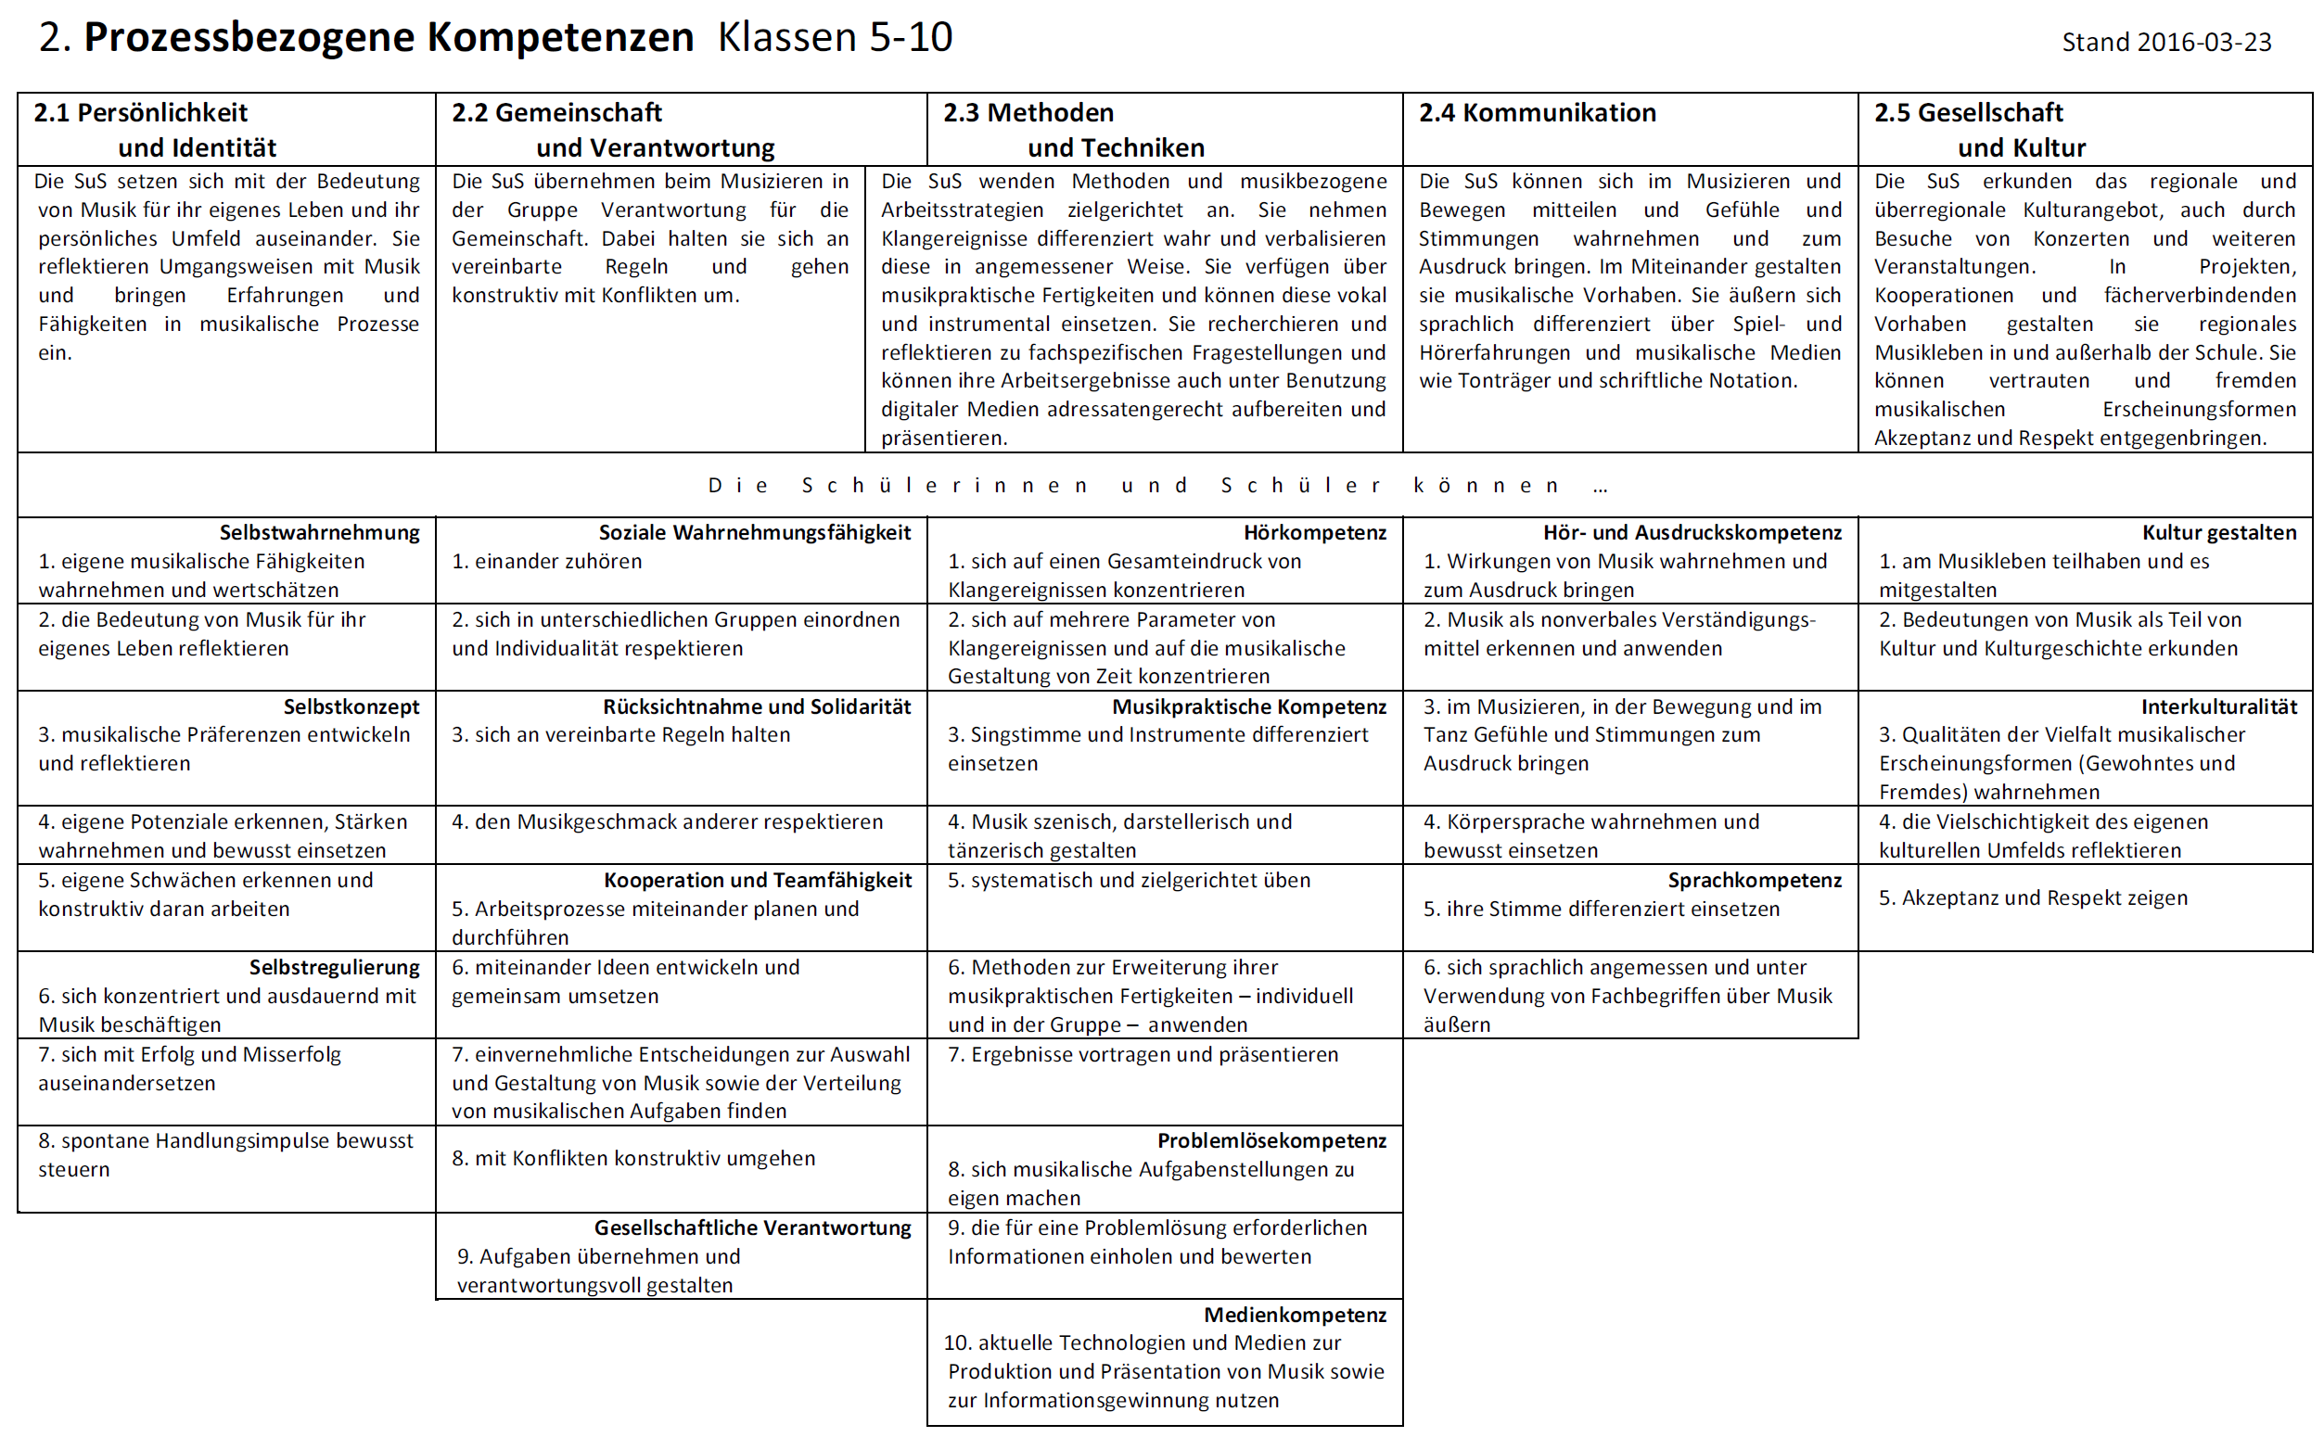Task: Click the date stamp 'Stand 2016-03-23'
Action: (2165, 43)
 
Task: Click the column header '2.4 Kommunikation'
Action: (1537, 113)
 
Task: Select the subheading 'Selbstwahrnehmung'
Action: (319, 532)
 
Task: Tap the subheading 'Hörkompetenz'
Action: (1314, 532)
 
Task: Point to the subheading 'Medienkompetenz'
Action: (1295, 1315)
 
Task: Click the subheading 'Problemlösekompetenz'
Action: (1271, 1140)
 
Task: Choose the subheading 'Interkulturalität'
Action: (2218, 706)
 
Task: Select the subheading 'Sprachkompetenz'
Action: (1755, 881)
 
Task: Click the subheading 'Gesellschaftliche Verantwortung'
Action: (752, 1227)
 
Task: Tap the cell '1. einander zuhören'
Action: (547, 561)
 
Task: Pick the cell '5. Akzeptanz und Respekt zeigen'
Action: (2033, 897)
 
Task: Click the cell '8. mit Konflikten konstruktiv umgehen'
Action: (633, 1159)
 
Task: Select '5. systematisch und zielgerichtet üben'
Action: (1128, 881)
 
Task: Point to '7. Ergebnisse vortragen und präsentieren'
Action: (1143, 1055)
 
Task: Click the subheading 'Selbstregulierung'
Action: (334, 967)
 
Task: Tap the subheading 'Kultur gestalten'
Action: (2218, 532)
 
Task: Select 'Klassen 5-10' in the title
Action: (835, 37)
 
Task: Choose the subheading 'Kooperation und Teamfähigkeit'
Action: (757, 881)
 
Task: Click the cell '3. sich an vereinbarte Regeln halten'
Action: (620, 734)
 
